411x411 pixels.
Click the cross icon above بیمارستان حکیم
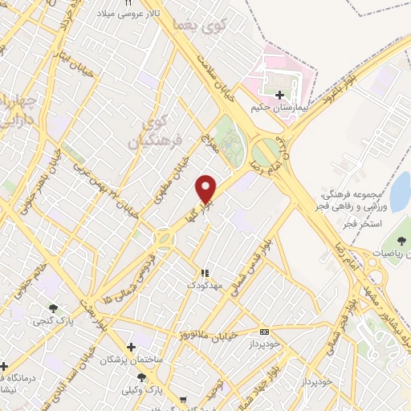(x=279, y=95)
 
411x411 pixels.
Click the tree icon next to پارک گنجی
(x=54, y=307)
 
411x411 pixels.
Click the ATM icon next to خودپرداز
(x=264, y=332)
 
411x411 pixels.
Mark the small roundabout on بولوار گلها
(x=164, y=239)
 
